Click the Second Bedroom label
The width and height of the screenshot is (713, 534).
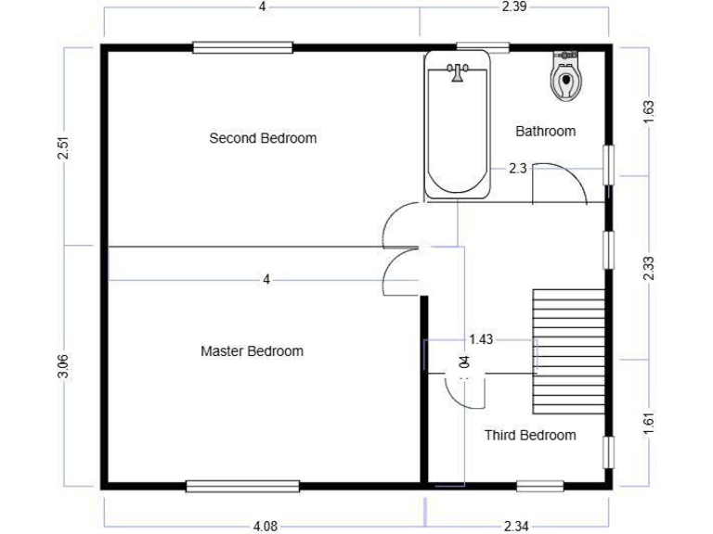[263, 138]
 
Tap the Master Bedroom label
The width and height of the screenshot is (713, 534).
[252, 351]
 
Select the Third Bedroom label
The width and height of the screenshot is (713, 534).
[530, 435]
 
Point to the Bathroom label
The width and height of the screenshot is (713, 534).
[545, 132]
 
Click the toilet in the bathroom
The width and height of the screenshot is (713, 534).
[564, 77]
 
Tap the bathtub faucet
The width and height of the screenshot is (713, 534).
[457, 71]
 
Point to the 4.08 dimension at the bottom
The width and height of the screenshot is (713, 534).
[264, 527]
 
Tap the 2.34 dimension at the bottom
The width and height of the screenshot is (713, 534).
[516, 527]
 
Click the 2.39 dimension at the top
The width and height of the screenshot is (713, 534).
[514, 7]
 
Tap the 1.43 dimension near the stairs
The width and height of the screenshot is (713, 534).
[481, 339]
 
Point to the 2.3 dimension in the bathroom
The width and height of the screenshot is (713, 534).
[518, 169]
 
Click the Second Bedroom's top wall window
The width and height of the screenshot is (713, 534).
[242, 47]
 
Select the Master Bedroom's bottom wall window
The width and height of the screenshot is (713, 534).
[242, 485]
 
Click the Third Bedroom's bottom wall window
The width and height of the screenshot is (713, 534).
[539, 485]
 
